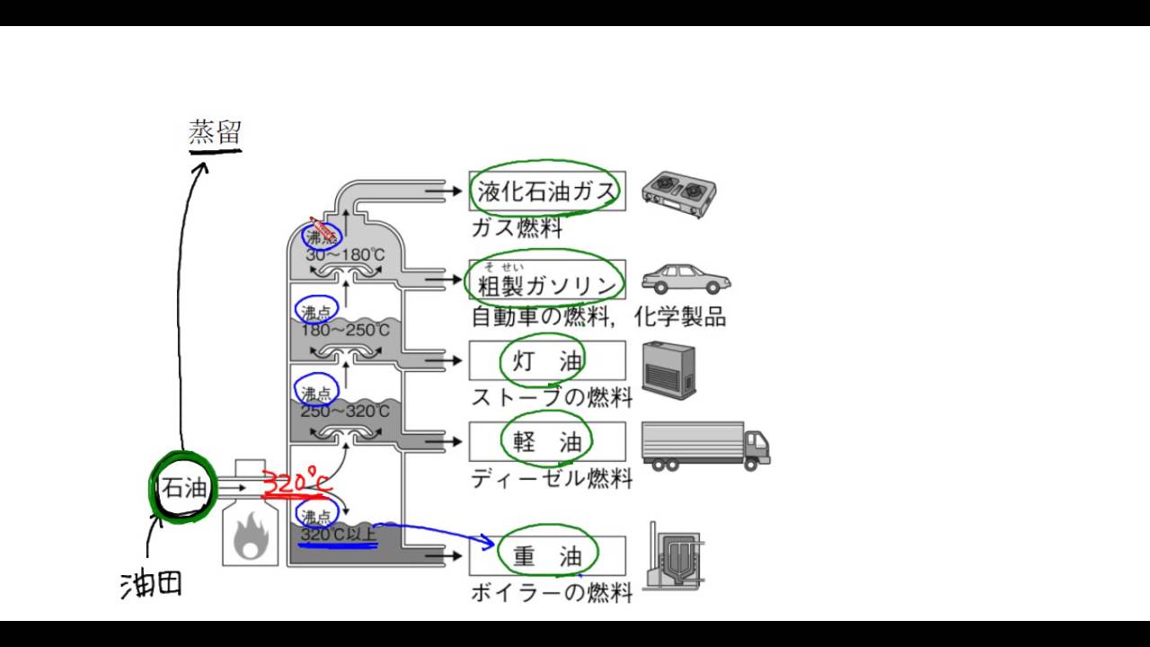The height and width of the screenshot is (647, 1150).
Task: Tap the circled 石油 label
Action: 185,489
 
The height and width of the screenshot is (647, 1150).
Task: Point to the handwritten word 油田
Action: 152,583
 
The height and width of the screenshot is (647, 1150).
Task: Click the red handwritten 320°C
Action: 297,482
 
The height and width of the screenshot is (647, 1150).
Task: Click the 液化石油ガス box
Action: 547,191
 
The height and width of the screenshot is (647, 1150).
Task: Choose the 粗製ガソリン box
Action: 547,286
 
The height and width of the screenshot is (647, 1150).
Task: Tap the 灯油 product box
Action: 547,361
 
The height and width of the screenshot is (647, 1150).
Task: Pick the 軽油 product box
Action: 547,441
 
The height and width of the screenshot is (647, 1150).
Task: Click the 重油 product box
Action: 547,556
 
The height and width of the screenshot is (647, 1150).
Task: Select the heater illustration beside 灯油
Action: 668,369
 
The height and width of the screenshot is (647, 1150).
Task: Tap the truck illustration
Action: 705,446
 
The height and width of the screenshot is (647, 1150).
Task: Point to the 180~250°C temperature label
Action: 345,331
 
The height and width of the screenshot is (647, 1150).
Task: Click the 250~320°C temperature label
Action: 345,411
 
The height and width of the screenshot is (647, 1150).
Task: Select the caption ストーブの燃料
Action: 552,396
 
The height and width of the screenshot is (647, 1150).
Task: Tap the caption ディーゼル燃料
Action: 552,478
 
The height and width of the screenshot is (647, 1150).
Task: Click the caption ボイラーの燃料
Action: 552,592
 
